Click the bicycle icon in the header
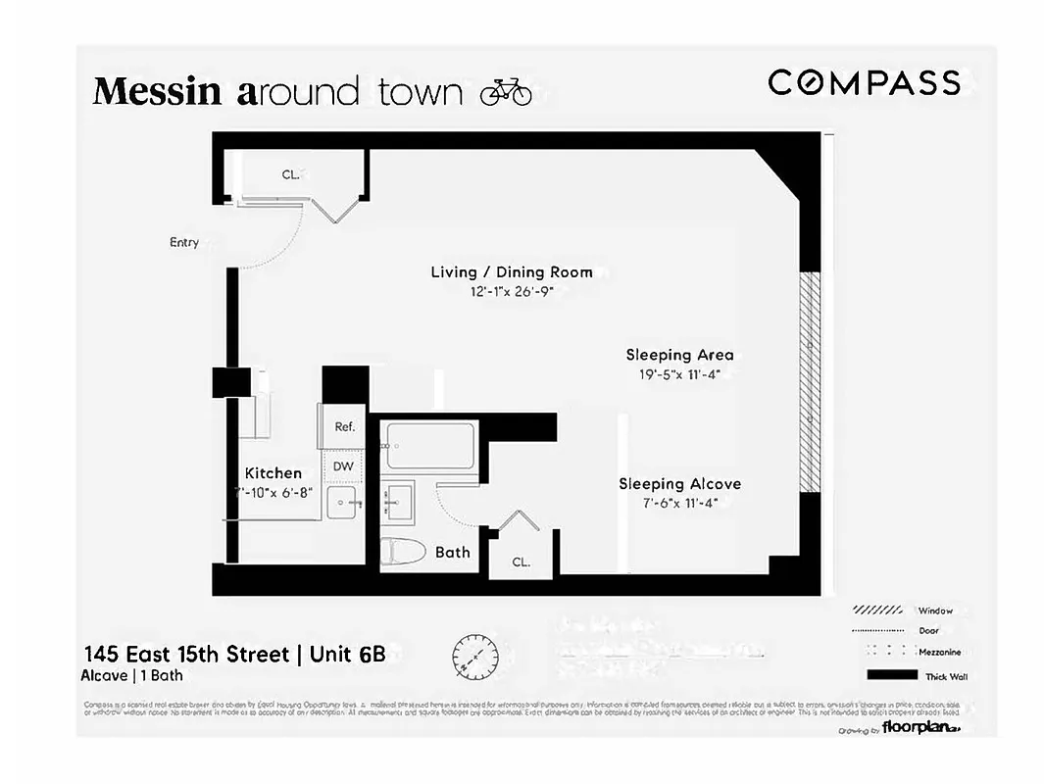coord(505,91)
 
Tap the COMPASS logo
coord(864,82)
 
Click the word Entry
coord(184,242)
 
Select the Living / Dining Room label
coord(512,271)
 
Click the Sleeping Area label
coord(679,355)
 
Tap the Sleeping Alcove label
coord(679,483)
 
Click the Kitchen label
coord(273,473)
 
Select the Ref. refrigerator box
coord(343,426)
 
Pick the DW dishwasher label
coord(343,466)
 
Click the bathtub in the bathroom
coord(432,445)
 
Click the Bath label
coord(453,552)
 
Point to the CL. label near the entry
coord(291,174)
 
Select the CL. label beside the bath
coord(522,563)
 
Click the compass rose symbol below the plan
coord(475,654)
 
